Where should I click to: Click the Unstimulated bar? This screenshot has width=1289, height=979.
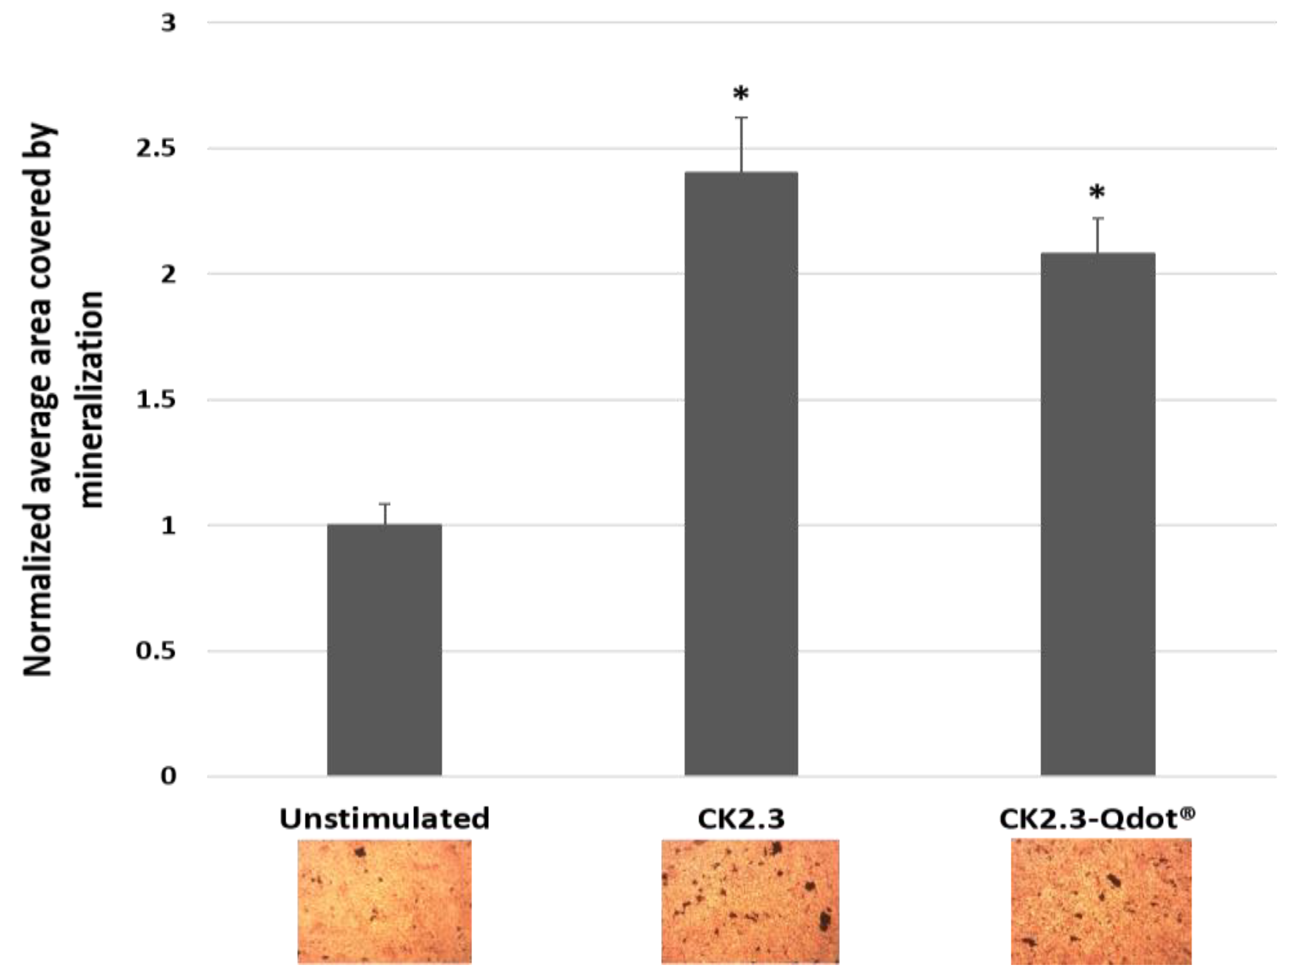[x=384, y=650]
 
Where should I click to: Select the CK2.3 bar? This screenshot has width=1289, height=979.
[x=741, y=474]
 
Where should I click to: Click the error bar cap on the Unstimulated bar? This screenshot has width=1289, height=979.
[x=384, y=504]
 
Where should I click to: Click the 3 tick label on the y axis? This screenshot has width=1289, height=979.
[x=169, y=23]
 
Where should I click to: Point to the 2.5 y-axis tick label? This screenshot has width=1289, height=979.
[x=156, y=149]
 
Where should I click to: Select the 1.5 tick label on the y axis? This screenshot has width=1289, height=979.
[x=156, y=400]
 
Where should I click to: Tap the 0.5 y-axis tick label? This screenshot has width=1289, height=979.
[x=156, y=651]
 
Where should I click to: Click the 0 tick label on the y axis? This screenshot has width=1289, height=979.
[x=169, y=776]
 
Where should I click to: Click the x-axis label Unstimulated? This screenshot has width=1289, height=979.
[x=384, y=819]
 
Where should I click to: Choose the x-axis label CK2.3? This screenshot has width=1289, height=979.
[x=741, y=819]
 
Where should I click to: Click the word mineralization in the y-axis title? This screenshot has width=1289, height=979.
[x=91, y=399]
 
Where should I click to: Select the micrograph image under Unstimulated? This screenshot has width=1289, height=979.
[x=384, y=902]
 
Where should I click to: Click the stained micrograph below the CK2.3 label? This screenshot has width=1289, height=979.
[x=750, y=902]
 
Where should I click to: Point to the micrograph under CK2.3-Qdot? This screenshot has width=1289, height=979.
[x=1100, y=902]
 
